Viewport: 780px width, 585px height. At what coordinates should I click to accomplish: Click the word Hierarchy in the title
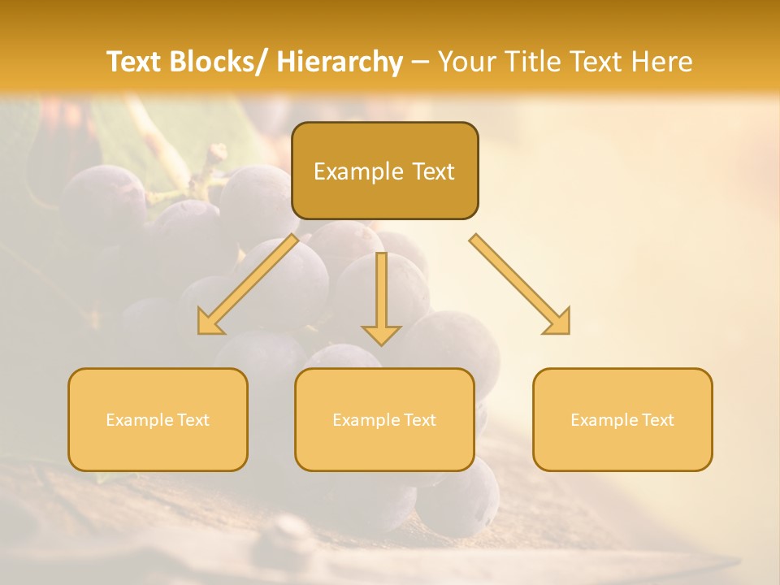(x=340, y=62)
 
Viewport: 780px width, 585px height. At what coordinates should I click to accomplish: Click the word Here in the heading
(x=661, y=62)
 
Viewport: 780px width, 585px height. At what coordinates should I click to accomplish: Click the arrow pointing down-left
(x=247, y=284)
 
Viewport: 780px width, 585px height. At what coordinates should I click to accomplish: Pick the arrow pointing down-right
(x=520, y=284)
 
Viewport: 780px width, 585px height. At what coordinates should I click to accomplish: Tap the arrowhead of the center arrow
(x=381, y=334)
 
